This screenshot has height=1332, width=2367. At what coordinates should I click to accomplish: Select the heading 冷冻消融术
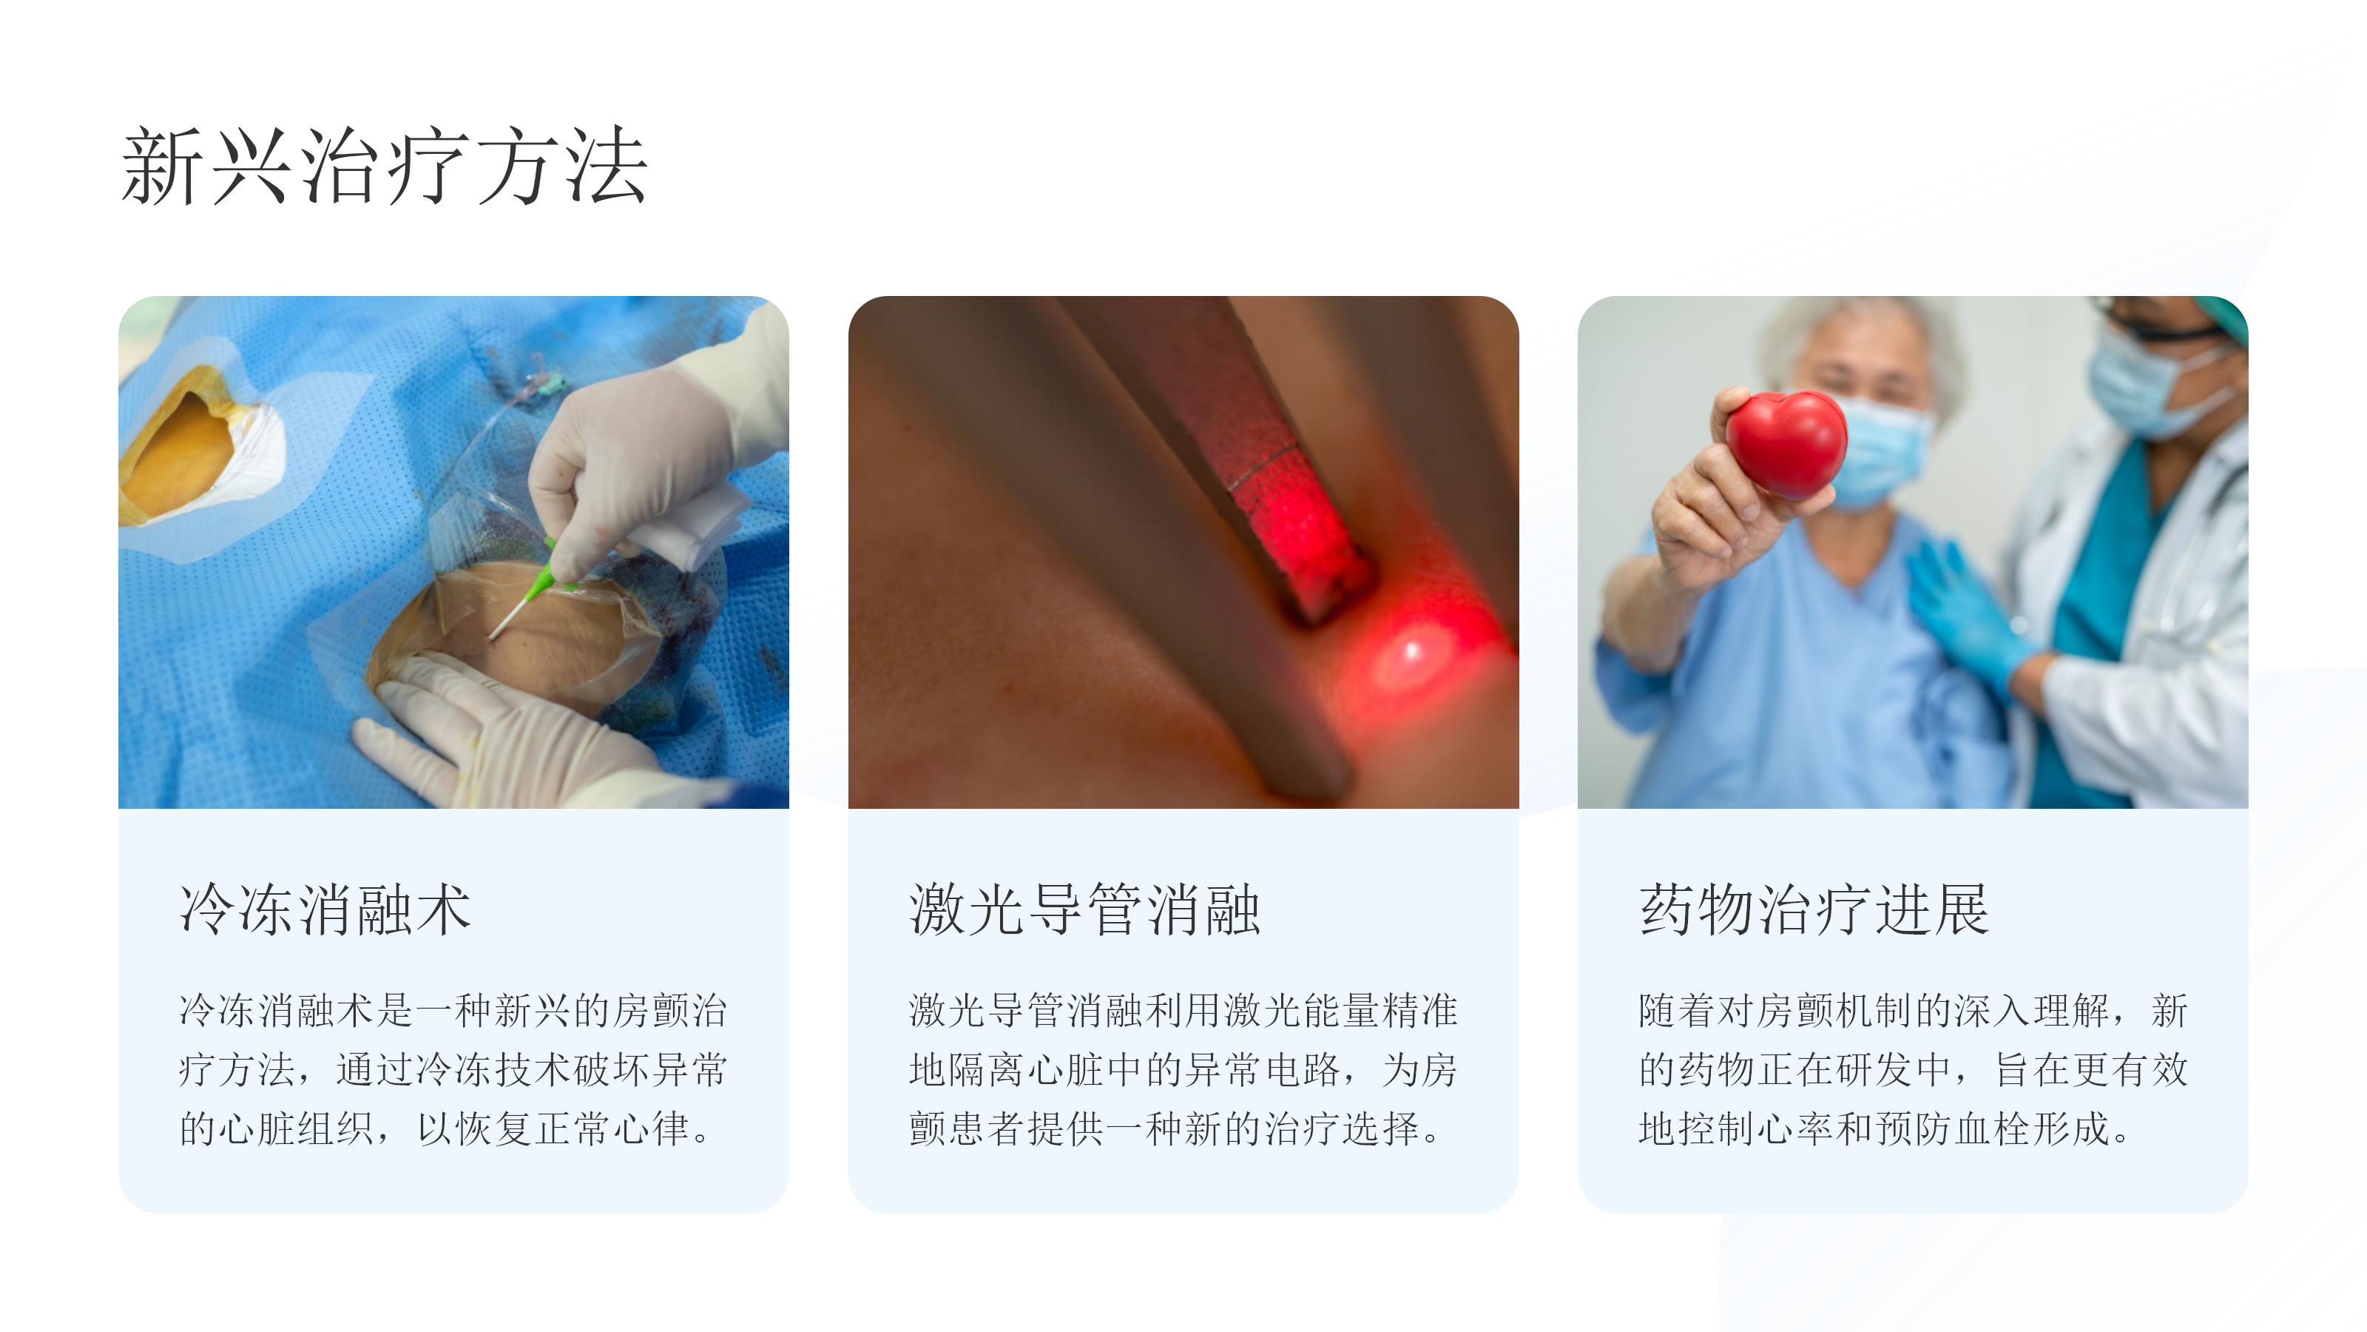point(325,909)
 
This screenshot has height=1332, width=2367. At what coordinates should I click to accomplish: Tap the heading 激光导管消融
point(1084,909)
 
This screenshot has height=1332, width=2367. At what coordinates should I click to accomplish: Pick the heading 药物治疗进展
point(1814,909)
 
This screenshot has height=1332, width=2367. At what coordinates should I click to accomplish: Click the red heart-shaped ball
point(1786,444)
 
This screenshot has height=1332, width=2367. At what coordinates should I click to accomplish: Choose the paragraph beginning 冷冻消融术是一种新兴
point(453,1069)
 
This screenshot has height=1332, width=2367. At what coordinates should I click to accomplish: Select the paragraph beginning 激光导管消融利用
point(1183,1069)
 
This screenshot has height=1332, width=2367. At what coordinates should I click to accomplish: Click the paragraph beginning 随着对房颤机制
point(1913,1069)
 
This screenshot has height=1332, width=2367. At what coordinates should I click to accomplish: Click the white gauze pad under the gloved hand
point(694,524)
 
